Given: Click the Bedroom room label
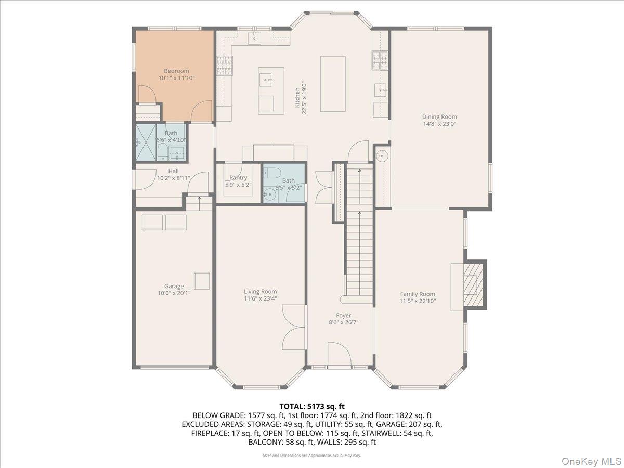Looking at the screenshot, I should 176,71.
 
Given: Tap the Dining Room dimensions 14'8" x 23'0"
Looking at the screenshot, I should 439,124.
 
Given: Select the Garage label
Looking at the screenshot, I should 174,286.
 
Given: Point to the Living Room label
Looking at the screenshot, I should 260,291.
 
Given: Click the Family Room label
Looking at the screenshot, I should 417,294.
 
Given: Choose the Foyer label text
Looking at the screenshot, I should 343,315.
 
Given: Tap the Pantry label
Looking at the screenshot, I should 238,178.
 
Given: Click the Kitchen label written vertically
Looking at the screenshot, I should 297,97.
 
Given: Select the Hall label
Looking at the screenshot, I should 173,171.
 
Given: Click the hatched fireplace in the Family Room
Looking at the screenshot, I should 473,285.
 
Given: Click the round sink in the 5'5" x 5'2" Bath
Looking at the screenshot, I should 269,196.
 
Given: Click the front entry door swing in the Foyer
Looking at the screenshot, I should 339,355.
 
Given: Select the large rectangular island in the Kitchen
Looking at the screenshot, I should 333,84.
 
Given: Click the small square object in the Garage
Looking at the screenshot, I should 202,281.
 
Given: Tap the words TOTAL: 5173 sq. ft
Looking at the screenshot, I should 312,406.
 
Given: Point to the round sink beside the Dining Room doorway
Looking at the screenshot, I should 382,155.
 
